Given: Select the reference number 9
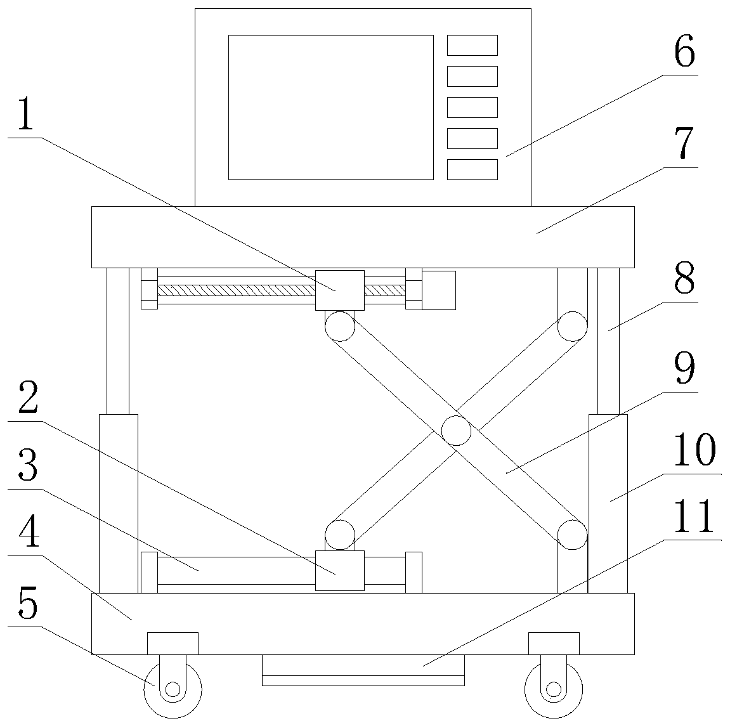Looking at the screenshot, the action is tap(684, 369).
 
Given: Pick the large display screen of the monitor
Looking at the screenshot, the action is tap(330, 107).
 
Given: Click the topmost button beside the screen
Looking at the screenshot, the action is tap(472, 46).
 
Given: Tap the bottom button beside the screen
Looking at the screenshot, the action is tap(472, 169).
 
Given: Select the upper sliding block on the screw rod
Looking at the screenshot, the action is tap(340, 290).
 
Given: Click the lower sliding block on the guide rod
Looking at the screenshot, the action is tap(340, 571).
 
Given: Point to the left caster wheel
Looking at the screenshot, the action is tap(173, 689).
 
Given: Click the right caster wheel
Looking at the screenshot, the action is tap(554, 689).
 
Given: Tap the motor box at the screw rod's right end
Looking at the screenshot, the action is tap(439, 290).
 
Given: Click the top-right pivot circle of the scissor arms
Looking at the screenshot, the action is tap(573, 327).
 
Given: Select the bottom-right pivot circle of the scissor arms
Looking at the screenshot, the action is tap(573, 534).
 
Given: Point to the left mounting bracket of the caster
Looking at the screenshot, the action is tap(173, 643).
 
